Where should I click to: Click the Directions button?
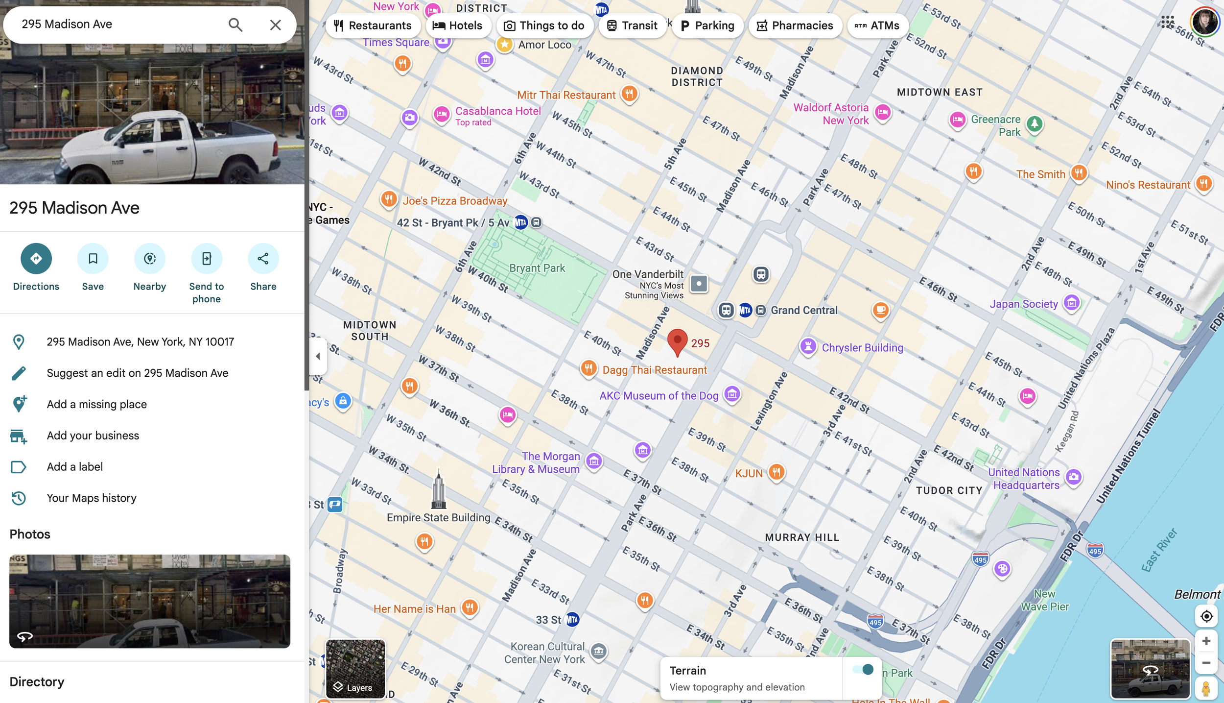36,259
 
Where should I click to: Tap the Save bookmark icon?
93,259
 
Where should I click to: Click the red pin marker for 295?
677,341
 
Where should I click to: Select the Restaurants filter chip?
373,25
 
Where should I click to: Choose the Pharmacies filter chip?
795,25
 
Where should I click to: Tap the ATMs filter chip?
877,25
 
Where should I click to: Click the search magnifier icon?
235,24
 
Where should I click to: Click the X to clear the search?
275,24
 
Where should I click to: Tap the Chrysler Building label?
862,348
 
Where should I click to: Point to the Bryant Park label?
537,268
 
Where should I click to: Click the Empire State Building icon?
438,490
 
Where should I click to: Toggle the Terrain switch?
863,670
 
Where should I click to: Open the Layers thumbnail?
355,668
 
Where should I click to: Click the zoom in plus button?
1206,641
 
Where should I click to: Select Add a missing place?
96,404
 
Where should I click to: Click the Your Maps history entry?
91,498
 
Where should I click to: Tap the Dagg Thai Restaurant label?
654,370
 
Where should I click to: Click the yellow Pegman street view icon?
1206,688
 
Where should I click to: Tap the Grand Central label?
803,310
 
